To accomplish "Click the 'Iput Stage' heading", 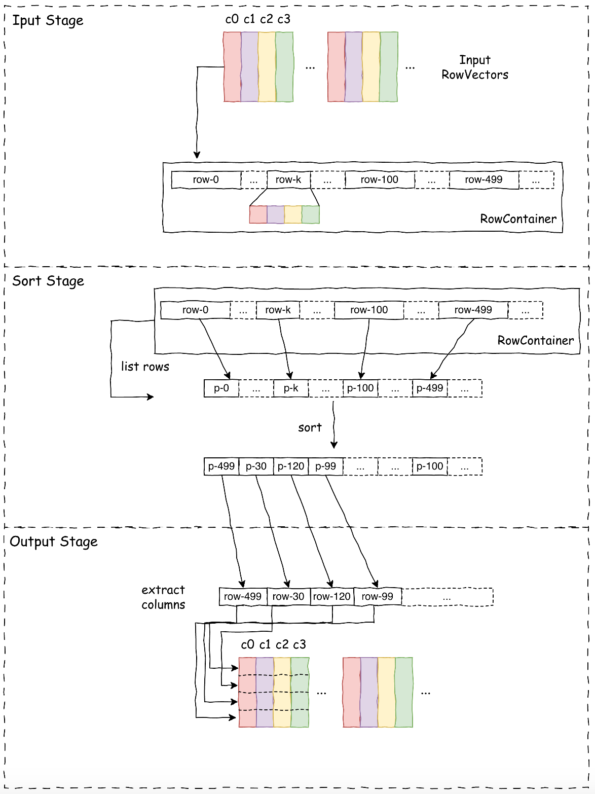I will click(x=48, y=21).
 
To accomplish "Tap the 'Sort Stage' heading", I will click(x=48, y=281).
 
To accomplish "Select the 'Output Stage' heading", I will click(x=54, y=542).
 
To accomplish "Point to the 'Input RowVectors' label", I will click(x=475, y=67).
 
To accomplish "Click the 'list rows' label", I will click(x=145, y=367).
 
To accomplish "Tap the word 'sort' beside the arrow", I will click(x=310, y=428).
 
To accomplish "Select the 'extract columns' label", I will click(x=163, y=597).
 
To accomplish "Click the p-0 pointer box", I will click(x=221, y=388).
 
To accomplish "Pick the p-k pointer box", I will click(x=291, y=388).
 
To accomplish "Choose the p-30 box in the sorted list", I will click(x=256, y=466).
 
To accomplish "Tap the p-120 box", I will click(x=291, y=466).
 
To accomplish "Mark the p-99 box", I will click(x=325, y=466).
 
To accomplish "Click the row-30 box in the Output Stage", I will click(x=288, y=597).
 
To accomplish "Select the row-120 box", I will click(x=332, y=597).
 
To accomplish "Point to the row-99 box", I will click(x=377, y=597).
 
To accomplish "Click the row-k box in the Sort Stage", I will click(x=278, y=310).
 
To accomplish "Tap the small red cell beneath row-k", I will click(x=258, y=214).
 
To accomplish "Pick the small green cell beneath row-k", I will click(x=311, y=214).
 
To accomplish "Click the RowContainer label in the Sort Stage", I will click(x=535, y=341).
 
